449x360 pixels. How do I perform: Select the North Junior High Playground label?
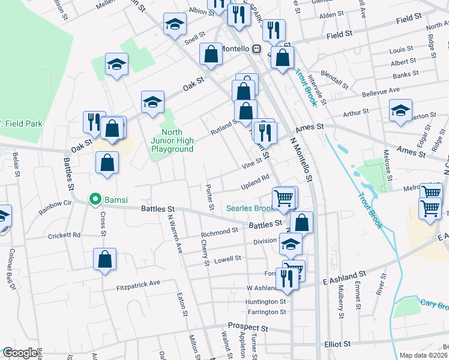coord(172,140)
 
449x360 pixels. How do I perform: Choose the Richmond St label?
coord(220,232)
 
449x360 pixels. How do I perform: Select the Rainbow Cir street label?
coord(55,208)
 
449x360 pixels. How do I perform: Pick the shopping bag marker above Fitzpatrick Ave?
coord(104,259)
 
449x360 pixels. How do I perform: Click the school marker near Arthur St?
coord(400,110)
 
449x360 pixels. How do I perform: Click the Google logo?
coord(19,353)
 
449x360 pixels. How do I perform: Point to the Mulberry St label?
coord(340,306)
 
